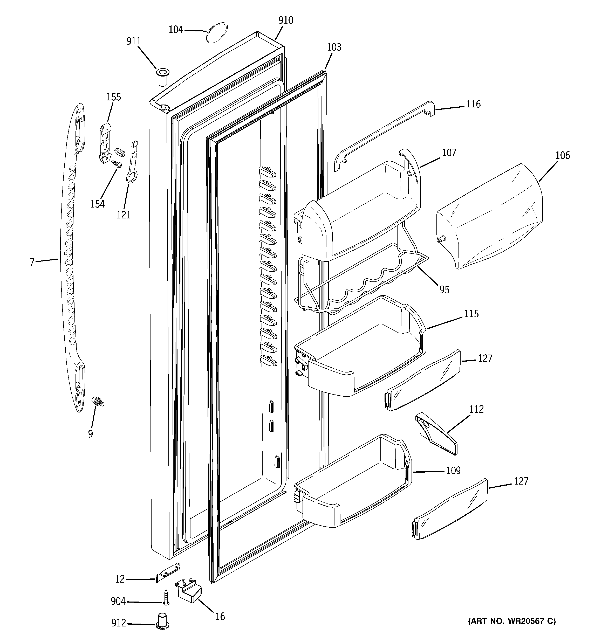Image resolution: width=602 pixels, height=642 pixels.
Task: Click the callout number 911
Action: tap(133, 41)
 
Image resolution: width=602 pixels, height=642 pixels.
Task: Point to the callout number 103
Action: tap(334, 47)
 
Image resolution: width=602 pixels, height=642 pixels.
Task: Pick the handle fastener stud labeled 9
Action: tap(97, 402)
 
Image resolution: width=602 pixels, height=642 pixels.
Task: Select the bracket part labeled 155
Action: tap(106, 142)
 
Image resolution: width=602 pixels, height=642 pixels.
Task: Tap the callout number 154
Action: tap(97, 204)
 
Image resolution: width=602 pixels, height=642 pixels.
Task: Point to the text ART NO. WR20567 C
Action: tap(511, 621)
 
